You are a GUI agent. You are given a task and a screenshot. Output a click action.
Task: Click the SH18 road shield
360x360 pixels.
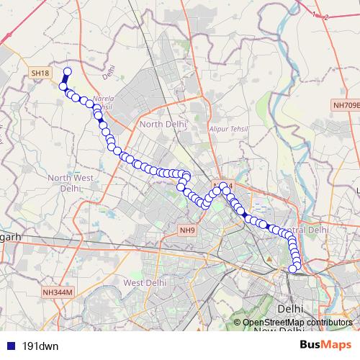(40, 73)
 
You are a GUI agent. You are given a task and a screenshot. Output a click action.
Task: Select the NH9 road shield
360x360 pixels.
(186, 230)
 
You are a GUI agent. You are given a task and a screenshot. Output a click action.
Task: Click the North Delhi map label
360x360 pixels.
(163, 124)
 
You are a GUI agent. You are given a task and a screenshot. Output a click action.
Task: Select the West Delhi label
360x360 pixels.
(145, 283)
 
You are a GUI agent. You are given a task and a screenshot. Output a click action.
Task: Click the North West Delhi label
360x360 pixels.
(70, 182)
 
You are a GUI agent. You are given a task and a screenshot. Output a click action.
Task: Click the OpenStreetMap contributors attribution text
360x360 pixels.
(297, 323)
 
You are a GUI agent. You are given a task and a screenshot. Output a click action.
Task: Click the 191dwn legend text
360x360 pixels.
(40, 346)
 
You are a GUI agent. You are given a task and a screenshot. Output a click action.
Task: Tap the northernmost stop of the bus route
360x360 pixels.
(68, 71)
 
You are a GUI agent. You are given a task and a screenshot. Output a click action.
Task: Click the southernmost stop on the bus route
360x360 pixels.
(293, 269)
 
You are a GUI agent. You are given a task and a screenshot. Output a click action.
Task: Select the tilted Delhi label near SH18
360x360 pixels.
(109, 72)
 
